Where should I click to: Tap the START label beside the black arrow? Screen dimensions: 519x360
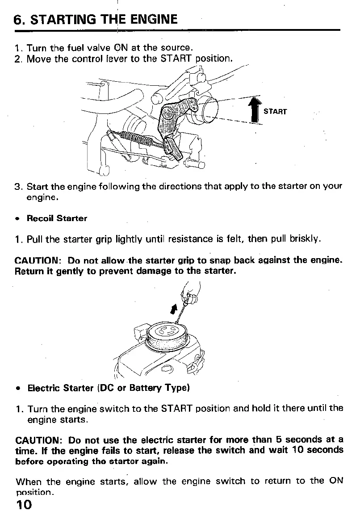click(x=275, y=111)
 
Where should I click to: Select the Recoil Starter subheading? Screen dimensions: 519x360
click(x=57, y=218)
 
